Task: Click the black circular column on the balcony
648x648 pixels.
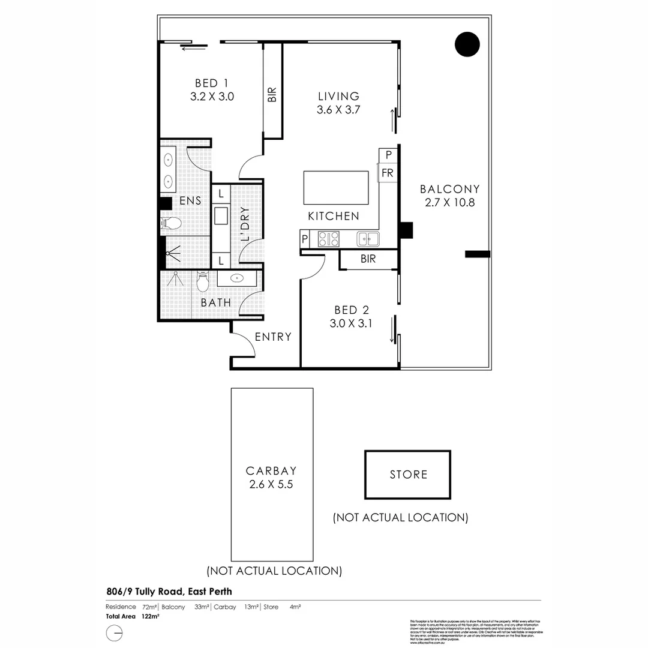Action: [x=467, y=44]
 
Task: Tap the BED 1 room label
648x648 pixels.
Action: [x=211, y=83]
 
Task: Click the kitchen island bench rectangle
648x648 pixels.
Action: [x=336, y=188]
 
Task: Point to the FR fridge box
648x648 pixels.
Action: [x=388, y=173]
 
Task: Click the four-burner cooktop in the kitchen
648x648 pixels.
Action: [x=329, y=239]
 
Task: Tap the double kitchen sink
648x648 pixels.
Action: [x=368, y=239]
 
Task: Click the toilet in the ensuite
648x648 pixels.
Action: [x=172, y=224]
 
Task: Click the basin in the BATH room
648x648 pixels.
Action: [x=236, y=278]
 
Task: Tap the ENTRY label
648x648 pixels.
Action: [x=273, y=337]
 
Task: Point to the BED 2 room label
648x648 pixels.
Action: [x=351, y=310]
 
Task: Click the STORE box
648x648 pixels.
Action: [x=408, y=474]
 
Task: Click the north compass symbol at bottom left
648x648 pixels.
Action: [x=114, y=633]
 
